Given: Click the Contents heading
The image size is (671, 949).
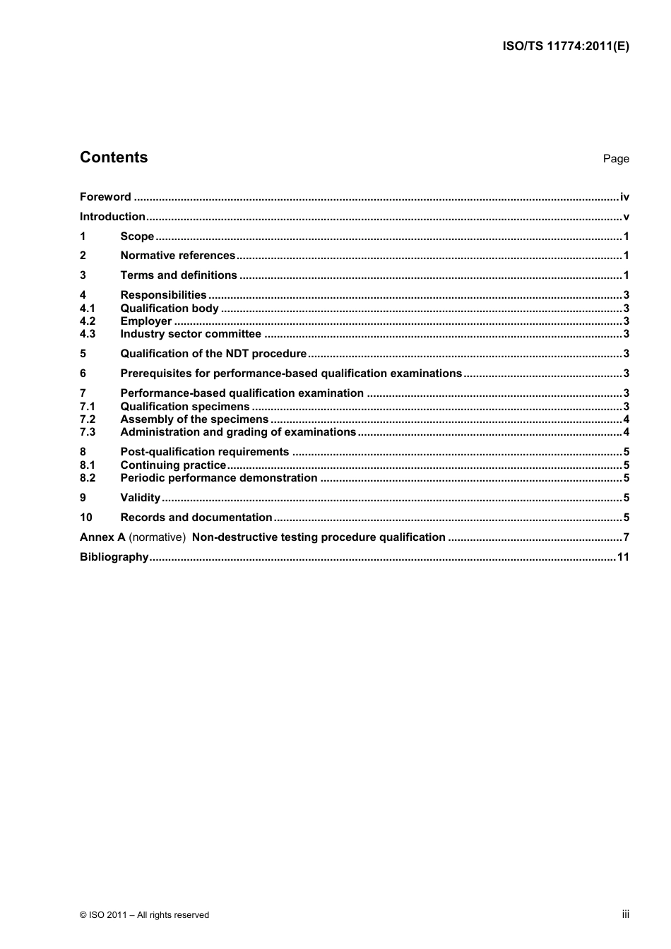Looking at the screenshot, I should [114, 157].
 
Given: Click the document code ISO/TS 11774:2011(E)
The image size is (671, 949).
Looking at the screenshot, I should [565, 47].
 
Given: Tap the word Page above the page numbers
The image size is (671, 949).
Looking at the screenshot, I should [615, 159].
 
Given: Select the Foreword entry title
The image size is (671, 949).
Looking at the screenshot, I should [105, 197].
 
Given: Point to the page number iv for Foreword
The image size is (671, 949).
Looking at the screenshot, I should [624, 197].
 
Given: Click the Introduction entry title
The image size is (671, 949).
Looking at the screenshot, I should [112, 217].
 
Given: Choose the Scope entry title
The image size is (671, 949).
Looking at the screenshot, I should [137, 237].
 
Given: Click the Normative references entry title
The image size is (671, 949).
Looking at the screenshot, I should [177, 256].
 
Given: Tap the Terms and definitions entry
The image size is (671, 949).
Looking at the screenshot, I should [179, 275].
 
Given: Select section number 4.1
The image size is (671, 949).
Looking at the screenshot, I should [88, 309].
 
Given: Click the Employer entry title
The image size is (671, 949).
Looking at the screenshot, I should [146, 321].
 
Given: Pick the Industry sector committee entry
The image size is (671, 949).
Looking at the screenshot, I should [191, 334].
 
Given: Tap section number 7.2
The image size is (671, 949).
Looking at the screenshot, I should [88, 419].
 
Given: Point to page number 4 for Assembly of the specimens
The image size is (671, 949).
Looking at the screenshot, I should [626, 419].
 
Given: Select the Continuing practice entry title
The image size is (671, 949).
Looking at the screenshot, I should [173, 465].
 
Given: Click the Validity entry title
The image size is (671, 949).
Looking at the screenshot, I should [141, 498].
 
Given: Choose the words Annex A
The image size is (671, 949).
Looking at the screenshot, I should [97, 537].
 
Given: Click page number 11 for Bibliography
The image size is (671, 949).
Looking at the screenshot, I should [623, 557].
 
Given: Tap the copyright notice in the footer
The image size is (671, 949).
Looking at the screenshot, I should [145, 915].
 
